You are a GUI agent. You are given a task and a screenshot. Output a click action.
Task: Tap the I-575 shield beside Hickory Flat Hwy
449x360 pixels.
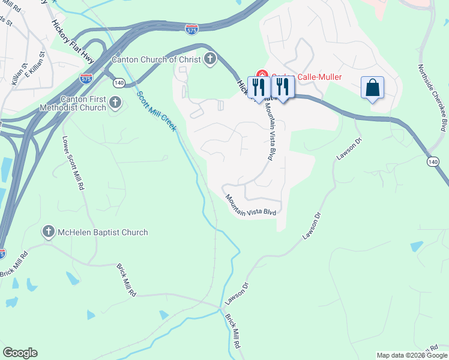[x=85, y=78]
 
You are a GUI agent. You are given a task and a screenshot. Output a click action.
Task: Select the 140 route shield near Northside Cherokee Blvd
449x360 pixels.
[x=433, y=162]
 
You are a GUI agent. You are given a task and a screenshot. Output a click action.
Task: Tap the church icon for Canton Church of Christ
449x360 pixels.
[x=209, y=59]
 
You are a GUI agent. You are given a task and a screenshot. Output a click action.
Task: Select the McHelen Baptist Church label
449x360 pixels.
[x=102, y=232]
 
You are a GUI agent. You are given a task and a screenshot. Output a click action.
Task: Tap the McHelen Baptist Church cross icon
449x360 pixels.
[x=49, y=232]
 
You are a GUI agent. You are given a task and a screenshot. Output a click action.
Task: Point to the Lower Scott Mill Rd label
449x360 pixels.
[x=73, y=163]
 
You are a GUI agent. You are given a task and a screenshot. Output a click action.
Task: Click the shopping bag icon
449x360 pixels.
[x=372, y=88]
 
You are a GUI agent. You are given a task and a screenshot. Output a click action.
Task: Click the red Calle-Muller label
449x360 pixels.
[x=318, y=77]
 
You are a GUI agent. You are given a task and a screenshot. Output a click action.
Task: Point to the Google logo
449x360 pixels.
[x=20, y=353]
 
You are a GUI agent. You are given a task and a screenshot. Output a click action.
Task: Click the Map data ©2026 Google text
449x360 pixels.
[x=411, y=355]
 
